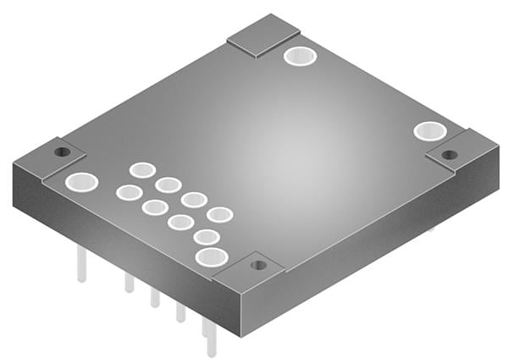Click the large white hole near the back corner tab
pyautogui.click(x=300, y=57)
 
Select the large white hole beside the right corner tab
pyautogui.click(x=429, y=131)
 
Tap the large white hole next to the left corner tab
pyautogui.click(x=82, y=181)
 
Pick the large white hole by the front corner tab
pyautogui.click(x=211, y=256)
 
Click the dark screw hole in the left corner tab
pyautogui.click(x=61, y=152)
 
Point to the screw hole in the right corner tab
pyautogui.click(x=450, y=155)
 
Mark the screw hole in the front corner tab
pyautogui.click(x=259, y=265)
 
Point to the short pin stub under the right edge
pyautogui.click(x=431, y=229)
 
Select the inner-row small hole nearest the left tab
pyautogui.click(x=142, y=170)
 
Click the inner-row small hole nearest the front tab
pyautogui.click(x=220, y=215)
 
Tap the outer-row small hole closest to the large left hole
pyautogui.click(x=129, y=193)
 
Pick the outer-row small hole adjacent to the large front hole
pyautogui.click(x=207, y=237)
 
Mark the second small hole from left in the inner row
pyautogui.click(x=168, y=185)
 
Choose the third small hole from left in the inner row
pyautogui.click(x=194, y=200)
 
